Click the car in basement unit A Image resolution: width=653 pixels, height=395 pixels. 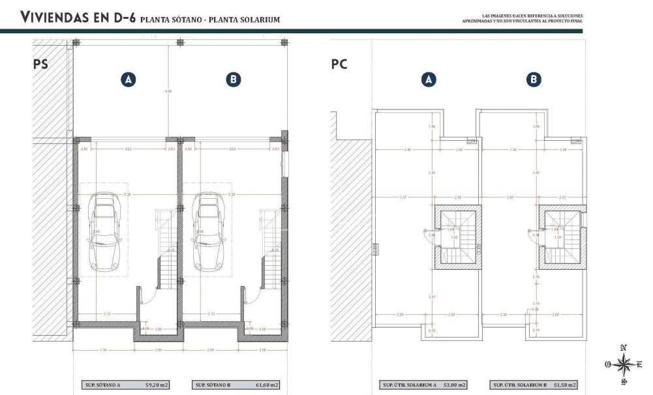(x=104, y=231)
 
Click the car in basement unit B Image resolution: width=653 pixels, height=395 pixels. (x=209, y=231)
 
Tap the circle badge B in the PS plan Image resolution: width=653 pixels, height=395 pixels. (x=234, y=80)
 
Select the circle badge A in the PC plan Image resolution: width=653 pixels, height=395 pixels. (x=429, y=80)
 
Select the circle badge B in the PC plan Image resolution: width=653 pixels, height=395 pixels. (x=534, y=80)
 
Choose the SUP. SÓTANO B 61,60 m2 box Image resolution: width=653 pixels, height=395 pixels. (x=235, y=385)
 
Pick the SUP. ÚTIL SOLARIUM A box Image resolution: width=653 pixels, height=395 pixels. (x=424, y=385)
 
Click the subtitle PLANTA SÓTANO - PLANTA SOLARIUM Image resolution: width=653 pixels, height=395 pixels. (x=210, y=20)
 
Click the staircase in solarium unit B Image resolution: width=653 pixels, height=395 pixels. (x=561, y=237)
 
